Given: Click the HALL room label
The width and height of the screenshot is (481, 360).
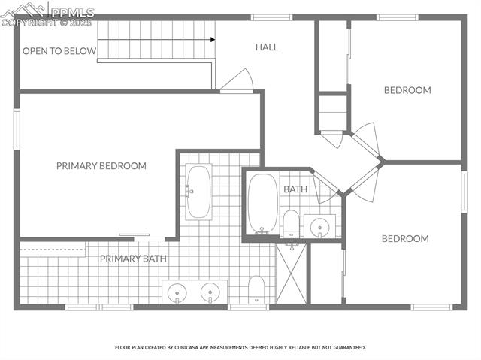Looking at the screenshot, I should [266, 47].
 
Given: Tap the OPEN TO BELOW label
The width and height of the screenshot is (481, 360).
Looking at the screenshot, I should [59, 51].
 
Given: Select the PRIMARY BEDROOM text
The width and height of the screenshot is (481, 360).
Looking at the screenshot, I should [101, 166].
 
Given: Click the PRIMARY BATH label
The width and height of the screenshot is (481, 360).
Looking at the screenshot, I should [133, 259].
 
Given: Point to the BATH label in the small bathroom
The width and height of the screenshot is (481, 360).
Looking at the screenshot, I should [295, 189].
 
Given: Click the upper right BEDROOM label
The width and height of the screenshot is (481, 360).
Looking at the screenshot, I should [407, 90].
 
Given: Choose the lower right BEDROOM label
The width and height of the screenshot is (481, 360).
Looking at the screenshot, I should [405, 239].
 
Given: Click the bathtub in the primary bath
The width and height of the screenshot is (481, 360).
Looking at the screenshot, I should [198, 192].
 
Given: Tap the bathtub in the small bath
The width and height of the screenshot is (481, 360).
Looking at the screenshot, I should [262, 203].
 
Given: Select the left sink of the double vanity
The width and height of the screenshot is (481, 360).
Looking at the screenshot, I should [178, 291].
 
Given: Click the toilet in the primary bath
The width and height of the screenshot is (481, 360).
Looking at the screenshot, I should [256, 289].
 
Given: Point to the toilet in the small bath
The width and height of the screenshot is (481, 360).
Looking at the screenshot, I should [291, 223].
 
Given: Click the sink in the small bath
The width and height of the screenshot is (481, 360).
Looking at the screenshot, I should [322, 225].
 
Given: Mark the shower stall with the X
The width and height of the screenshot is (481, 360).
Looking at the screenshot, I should [292, 274].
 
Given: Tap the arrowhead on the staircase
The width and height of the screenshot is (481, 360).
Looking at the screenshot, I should [213, 40].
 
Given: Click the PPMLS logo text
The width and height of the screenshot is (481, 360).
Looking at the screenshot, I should [72, 12].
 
